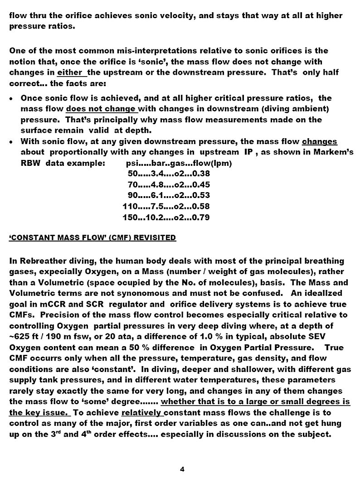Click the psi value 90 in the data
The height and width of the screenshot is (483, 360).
[133, 195]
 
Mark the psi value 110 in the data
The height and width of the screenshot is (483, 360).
[130, 206]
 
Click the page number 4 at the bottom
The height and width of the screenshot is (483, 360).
[182, 469]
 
